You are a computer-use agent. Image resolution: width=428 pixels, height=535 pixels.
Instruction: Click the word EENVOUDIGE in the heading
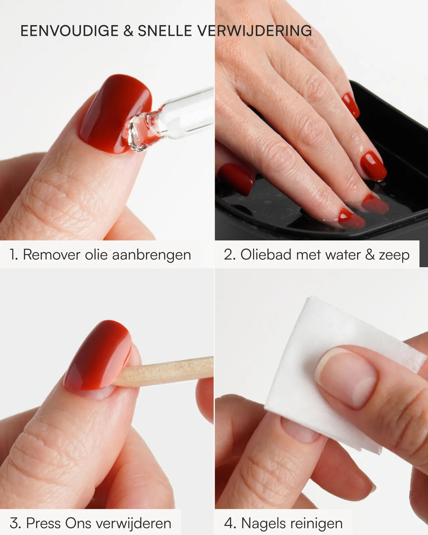coord(69,31)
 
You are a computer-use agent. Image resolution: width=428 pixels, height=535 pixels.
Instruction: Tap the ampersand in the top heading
coord(128,31)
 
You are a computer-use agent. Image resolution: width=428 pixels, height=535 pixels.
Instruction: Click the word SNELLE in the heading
coord(165,31)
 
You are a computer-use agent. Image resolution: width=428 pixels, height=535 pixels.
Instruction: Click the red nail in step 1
coord(116,113)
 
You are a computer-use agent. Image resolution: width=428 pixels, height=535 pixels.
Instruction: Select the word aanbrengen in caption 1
coord(152,256)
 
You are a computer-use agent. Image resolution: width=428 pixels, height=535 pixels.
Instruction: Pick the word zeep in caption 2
coord(394,256)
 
